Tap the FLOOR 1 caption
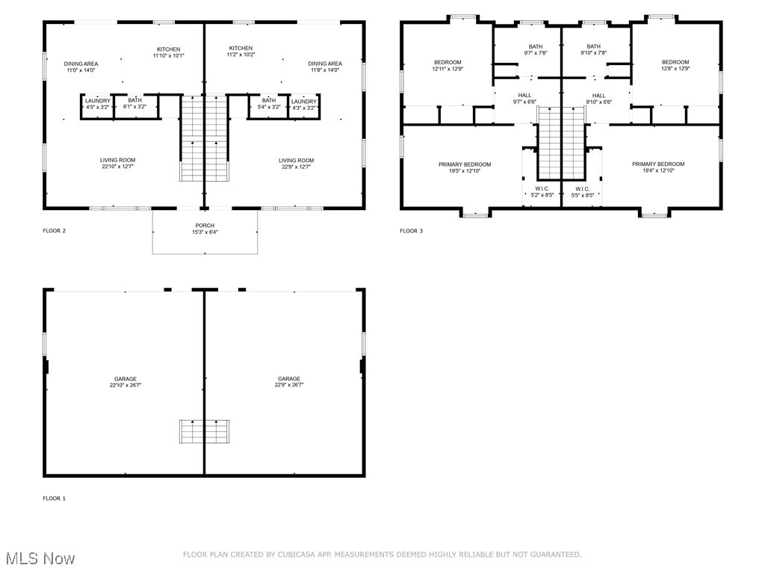(54, 498)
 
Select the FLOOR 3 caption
(411, 231)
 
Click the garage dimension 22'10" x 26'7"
(125, 385)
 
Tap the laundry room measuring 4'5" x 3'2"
(97, 104)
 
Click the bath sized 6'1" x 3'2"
(134, 104)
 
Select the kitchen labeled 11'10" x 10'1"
(168, 52)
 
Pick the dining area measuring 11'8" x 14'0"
(325, 67)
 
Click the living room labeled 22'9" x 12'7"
(296, 163)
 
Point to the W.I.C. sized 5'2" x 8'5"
(542, 191)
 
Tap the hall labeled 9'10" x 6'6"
(598, 98)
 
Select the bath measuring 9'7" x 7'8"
(536, 49)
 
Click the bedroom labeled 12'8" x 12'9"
(675, 65)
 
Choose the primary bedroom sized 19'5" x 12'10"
(465, 167)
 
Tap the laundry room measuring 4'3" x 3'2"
(303, 104)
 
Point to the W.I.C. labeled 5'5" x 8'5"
(582, 191)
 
